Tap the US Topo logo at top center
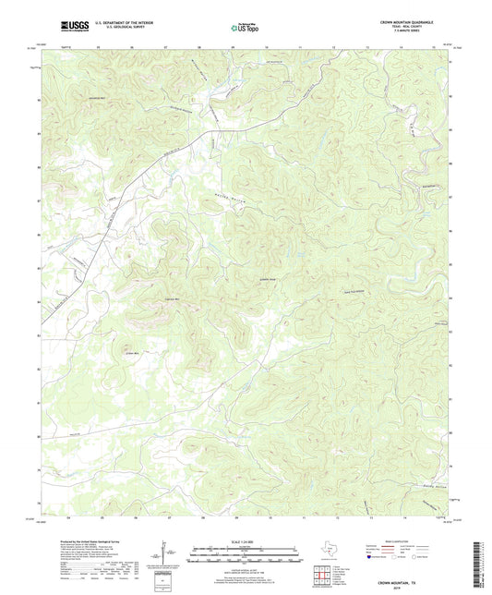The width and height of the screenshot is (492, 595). click(x=245, y=28)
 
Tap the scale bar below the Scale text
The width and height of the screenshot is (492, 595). click(x=245, y=556)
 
